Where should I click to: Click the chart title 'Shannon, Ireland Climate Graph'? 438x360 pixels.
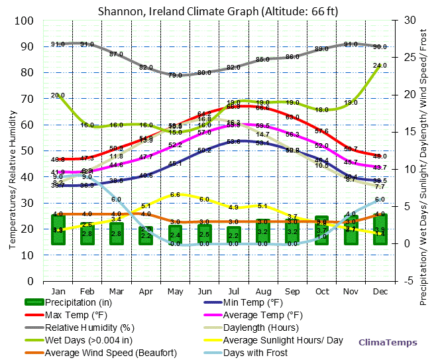(x=218, y=11)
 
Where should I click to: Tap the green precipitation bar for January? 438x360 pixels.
(x=58, y=229)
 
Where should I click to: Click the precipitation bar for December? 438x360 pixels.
(x=380, y=229)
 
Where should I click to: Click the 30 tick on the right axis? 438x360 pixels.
(x=406, y=21)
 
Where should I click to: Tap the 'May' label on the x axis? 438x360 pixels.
(x=175, y=290)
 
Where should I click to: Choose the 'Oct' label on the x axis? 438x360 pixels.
(x=321, y=290)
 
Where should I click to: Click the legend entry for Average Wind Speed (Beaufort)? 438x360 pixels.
(x=111, y=352)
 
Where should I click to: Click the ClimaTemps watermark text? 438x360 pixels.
(x=388, y=342)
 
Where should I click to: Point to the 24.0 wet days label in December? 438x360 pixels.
(x=380, y=66)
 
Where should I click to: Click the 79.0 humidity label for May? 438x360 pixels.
(x=175, y=76)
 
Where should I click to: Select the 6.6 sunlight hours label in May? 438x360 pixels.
(x=175, y=195)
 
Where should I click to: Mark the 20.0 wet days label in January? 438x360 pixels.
(x=58, y=95)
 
